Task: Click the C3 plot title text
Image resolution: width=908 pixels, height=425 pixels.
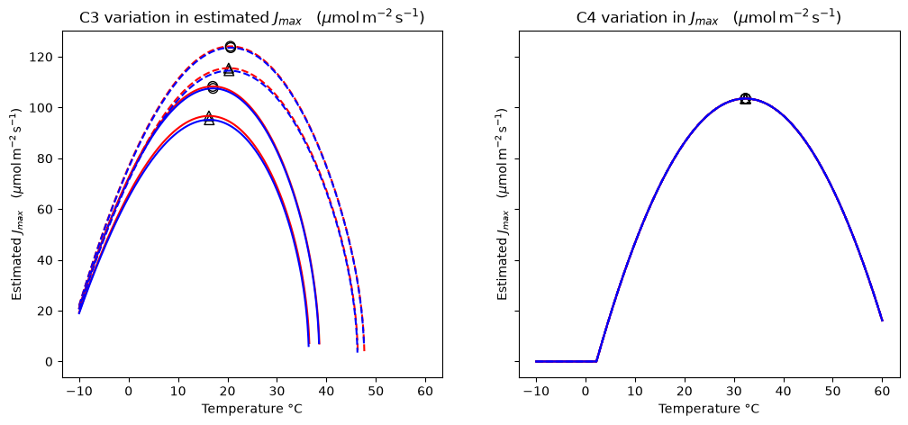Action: pos(252,18)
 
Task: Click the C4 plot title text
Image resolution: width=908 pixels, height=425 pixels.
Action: pos(709,18)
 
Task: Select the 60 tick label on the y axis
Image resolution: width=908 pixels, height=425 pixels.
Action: pos(49,210)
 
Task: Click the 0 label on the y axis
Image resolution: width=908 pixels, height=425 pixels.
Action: pos(52,362)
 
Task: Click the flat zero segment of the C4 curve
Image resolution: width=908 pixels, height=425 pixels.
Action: pos(566,361)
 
